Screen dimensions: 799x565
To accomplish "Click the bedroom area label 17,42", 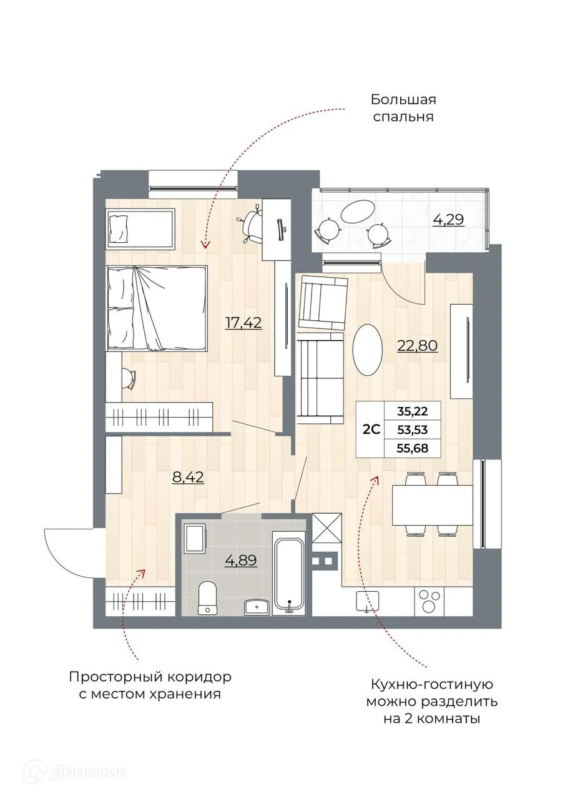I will [x=243, y=322].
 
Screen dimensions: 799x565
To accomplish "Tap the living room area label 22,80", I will [x=417, y=345].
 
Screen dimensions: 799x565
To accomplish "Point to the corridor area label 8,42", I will [x=188, y=478].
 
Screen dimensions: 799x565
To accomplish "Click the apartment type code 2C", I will [x=372, y=430].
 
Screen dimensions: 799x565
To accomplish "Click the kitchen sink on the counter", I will [x=367, y=602].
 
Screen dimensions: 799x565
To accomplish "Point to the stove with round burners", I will [x=428, y=602].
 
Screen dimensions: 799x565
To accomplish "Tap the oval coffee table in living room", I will [x=367, y=349].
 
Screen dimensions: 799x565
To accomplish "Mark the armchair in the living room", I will [x=322, y=303].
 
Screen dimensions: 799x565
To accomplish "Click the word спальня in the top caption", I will [x=403, y=116].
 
